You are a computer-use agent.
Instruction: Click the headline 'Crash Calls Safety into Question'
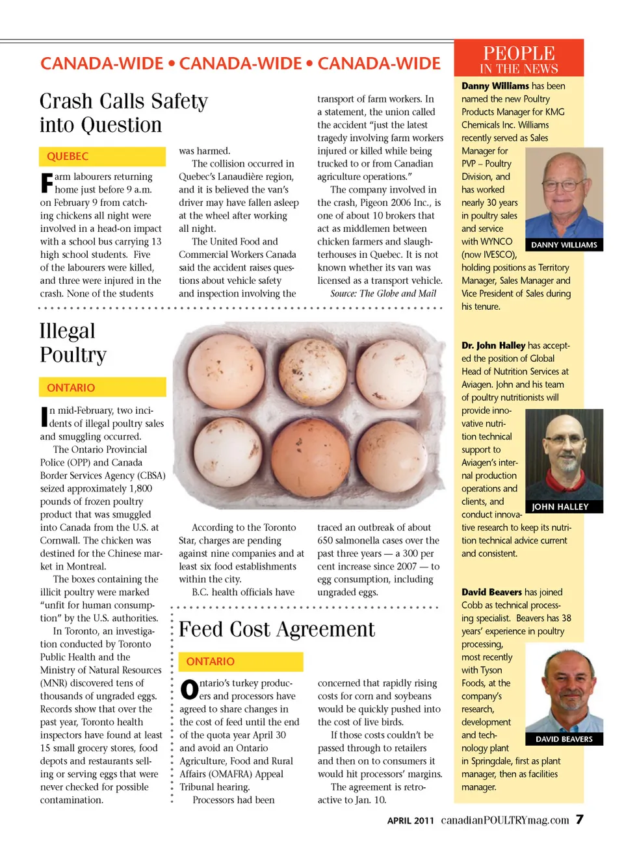123,112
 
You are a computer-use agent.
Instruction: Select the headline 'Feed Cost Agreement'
276,629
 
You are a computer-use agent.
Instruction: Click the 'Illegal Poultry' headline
73,342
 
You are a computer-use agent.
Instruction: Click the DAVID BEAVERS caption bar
564,739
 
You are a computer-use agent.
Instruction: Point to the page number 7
579,819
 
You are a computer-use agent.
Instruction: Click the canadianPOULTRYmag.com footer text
504,820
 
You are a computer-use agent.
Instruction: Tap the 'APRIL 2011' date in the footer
410,820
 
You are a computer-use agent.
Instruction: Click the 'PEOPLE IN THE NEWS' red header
518,58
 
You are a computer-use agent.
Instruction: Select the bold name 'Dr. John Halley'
493,346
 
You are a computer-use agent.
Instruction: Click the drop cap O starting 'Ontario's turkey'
188,689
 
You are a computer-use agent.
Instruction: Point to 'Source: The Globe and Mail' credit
383,294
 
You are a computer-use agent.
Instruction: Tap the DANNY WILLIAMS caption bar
564,245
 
